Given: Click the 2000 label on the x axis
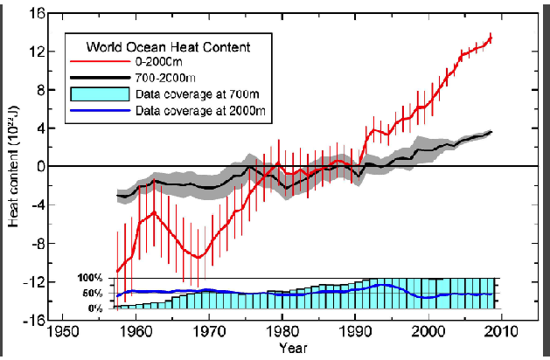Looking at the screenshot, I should [428, 333].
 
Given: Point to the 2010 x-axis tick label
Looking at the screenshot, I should [501, 333].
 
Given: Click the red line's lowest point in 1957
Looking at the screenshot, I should [117, 271].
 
